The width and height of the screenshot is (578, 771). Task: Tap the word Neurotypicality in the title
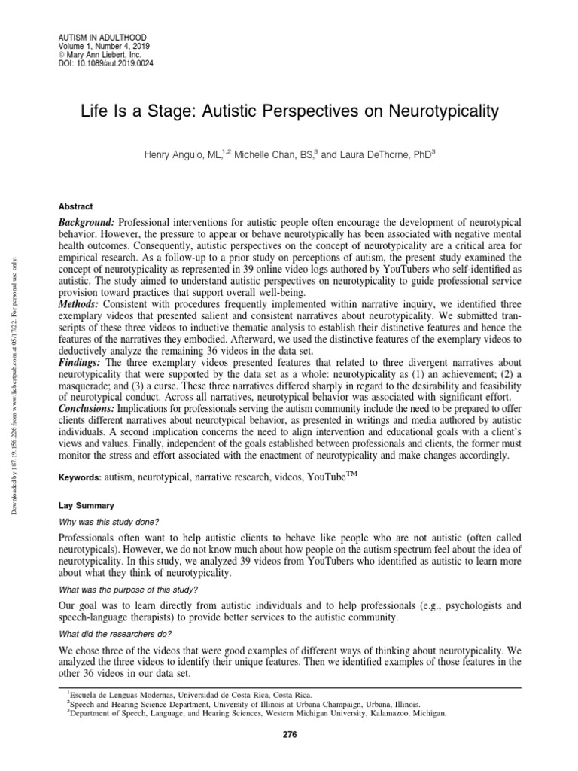pos(444,112)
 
